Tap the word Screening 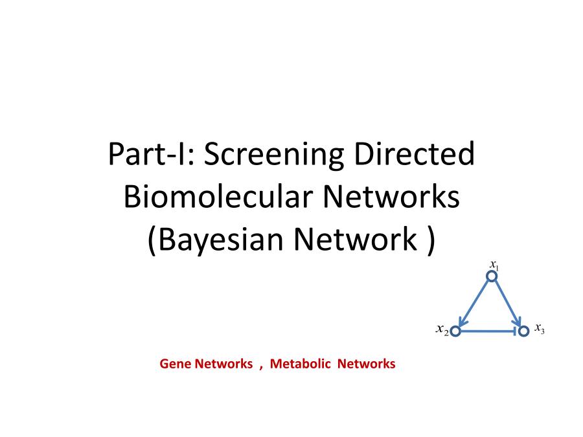(x=275, y=155)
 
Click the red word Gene (x=176, y=363)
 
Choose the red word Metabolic (x=300, y=363)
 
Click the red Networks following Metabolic (x=366, y=363)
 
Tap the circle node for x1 (x=492, y=276)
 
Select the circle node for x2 (x=455, y=331)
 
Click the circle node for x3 (x=523, y=331)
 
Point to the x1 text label (x=494, y=265)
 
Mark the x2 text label (x=442, y=330)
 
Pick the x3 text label (x=540, y=328)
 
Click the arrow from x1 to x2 (x=474, y=304)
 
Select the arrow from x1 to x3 (x=507, y=303)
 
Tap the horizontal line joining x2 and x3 (x=488, y=331)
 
